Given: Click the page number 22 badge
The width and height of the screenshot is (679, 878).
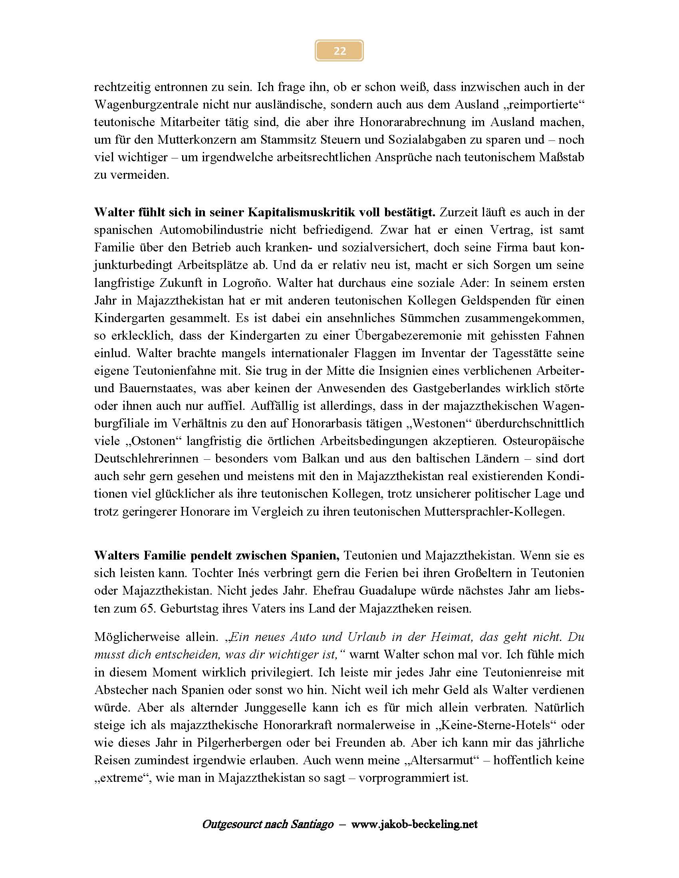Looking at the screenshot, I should click(x=339, y=51).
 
